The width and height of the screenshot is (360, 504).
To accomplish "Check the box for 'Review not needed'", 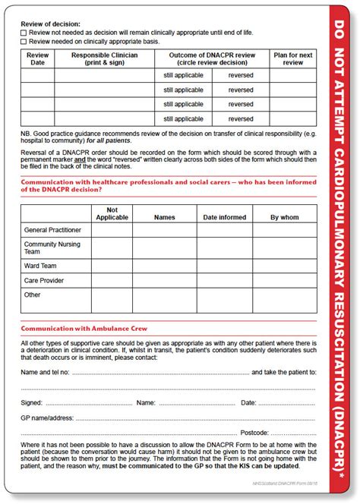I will coord(24,32).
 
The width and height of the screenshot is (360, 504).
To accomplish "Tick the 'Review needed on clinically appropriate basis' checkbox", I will coord(24,41).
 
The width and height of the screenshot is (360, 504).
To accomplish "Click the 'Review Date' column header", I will coord(36,59).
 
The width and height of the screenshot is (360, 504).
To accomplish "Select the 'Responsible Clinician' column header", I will coord(106,59).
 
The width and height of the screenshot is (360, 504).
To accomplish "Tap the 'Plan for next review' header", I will coord(292,59).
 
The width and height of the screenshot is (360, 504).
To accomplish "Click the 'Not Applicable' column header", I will coord(112,213).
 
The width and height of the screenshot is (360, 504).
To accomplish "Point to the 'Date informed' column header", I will coord(225,217).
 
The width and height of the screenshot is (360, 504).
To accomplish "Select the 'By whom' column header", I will coord(285,217).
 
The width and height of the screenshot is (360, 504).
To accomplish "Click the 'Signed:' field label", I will coord(32,402).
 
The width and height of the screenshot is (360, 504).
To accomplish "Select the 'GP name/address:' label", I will coord(47,417).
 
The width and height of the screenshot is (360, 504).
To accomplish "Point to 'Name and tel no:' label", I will coord(46,373).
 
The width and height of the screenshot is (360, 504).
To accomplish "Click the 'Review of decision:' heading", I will coord(50,23).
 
